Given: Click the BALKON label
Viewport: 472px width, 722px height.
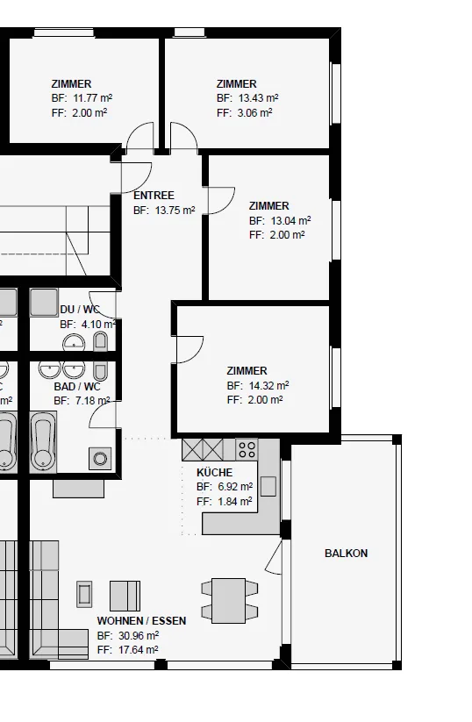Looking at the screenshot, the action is coord(346,553).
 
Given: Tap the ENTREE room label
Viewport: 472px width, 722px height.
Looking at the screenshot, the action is coord(154,196).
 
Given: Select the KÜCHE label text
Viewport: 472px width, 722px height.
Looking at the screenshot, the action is coord(215,473).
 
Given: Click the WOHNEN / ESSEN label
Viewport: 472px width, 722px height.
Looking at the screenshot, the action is coord(142,621).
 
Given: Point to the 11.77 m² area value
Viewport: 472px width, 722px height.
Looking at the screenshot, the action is coord(92,98).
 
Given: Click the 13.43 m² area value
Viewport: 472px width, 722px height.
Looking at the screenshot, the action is coord(258,98).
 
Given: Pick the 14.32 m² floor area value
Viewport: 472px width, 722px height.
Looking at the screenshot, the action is coord(269,385).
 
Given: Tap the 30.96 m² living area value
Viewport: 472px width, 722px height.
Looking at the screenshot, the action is coord(139,635).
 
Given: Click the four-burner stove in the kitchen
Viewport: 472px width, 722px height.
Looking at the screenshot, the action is coord(247,449).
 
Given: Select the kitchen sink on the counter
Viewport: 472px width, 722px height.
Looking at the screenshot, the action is coord(268,486).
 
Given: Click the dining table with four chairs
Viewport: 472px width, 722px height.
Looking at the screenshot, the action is coord(229,601).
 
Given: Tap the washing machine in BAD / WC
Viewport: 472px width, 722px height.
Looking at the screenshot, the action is coord(100,458).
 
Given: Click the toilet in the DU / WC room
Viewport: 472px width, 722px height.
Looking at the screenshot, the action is coord(100,342).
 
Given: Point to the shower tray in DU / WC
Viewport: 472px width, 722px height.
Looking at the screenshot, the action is coord(44,303).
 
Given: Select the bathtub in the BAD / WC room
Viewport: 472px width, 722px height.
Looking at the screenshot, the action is coord(43,442).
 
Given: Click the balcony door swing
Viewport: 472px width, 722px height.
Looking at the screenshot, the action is coord(274,558).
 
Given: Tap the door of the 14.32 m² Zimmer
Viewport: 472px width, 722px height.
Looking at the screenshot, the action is coord(189,349).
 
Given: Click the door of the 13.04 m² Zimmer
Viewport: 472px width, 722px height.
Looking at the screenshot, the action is coord(221,201).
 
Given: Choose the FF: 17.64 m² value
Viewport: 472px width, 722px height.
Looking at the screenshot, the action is coord(127,650).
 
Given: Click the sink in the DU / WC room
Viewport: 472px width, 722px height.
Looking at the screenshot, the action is coord(74,342).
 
